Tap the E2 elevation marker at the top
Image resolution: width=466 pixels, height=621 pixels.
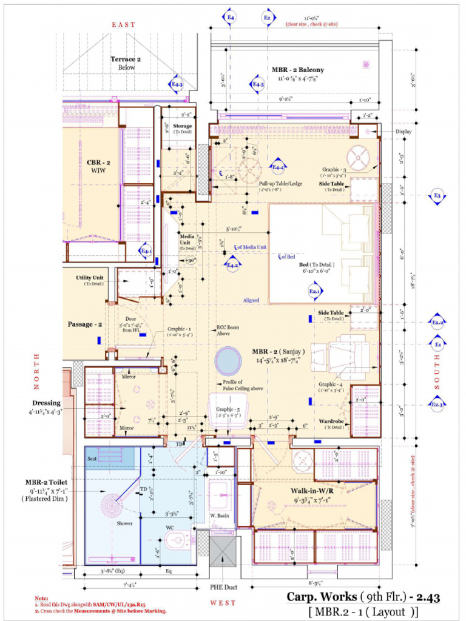tap(267, 19)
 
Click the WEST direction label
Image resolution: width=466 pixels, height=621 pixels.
tap(223, 603)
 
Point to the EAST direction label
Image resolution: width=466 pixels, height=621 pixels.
tap(123, 24)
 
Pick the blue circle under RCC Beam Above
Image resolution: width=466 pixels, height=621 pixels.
tap(228, 360)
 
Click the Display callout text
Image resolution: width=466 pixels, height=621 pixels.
tap(404, 132)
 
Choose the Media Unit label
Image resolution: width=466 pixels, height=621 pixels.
tap(186, 239)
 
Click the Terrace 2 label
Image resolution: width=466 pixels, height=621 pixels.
tap(126, 59)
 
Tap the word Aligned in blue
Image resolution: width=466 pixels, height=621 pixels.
tap(251, 300)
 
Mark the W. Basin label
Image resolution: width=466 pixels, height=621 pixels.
tap(218, 516)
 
